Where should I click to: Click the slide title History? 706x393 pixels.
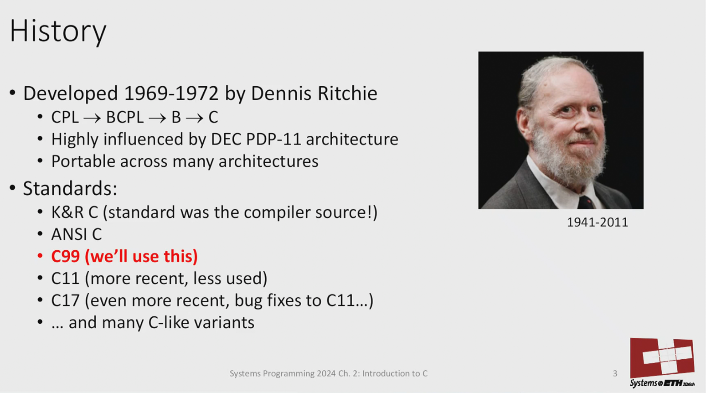58,31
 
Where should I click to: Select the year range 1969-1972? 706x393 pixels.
171,93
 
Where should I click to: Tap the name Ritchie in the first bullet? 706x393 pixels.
347,93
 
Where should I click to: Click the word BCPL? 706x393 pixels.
125,117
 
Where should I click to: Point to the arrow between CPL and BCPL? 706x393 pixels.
92,119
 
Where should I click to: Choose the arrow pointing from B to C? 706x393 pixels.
195,119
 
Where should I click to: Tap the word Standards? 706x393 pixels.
68,188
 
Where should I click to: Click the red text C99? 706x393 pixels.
66,256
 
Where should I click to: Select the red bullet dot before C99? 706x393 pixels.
40,256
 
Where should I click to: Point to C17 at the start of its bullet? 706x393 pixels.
66,300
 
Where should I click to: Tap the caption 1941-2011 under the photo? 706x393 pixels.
597,222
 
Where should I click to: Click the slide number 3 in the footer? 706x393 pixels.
615,373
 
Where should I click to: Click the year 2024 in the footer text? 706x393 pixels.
326,373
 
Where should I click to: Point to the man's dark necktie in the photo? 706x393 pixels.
586,202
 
